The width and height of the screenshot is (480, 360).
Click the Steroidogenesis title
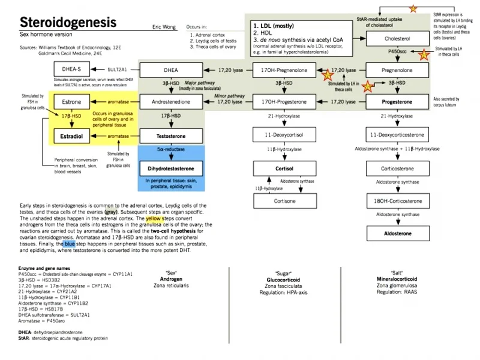coord(68,23)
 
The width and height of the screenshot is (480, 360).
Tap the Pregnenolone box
coord(397,70)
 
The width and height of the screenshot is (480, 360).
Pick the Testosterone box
coord(170,137)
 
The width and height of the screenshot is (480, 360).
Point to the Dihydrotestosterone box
coord(170,169)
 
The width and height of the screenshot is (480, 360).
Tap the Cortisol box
coord(284,169)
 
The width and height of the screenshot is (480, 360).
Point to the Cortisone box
coord(284,202)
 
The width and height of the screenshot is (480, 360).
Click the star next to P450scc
coord(424,55)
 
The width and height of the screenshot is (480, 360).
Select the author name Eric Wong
coord(164,27)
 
